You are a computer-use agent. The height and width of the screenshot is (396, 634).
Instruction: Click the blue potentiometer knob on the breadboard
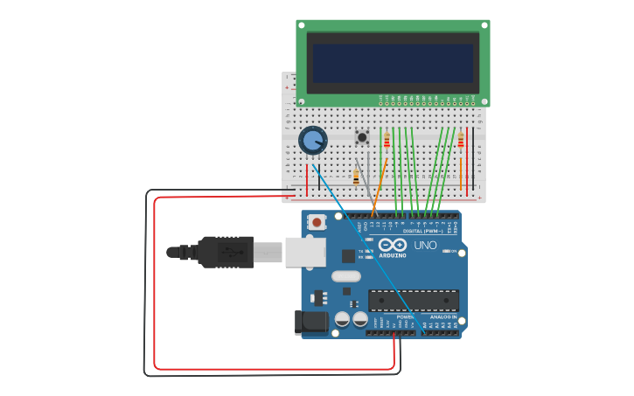[312, 140]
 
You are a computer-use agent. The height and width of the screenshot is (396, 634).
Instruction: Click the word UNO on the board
[424, 246]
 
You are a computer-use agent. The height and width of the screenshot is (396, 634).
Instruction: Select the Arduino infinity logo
[393, 245]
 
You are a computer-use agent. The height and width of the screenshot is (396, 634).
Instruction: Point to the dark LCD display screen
[393, 63]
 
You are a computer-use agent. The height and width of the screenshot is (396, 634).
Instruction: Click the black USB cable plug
[225, 252]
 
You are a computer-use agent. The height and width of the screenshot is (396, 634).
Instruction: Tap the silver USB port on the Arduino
[305, 252]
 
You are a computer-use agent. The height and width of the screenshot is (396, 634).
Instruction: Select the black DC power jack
[310, 322]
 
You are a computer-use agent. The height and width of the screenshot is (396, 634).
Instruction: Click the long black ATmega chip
[413, 301]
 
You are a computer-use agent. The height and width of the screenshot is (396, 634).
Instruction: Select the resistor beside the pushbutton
[387, 141]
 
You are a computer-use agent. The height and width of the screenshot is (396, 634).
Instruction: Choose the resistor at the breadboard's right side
[461, 141]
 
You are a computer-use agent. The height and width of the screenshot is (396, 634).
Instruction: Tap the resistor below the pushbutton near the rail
[356, 177]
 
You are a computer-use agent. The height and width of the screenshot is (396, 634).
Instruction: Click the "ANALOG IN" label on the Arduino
[442, 316]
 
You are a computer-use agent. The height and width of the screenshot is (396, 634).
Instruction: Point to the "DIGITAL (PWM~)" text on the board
[421, 231]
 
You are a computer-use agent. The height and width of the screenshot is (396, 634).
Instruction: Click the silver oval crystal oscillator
[345, 276]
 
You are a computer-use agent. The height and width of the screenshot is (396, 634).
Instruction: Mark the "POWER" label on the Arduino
[404, 316]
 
